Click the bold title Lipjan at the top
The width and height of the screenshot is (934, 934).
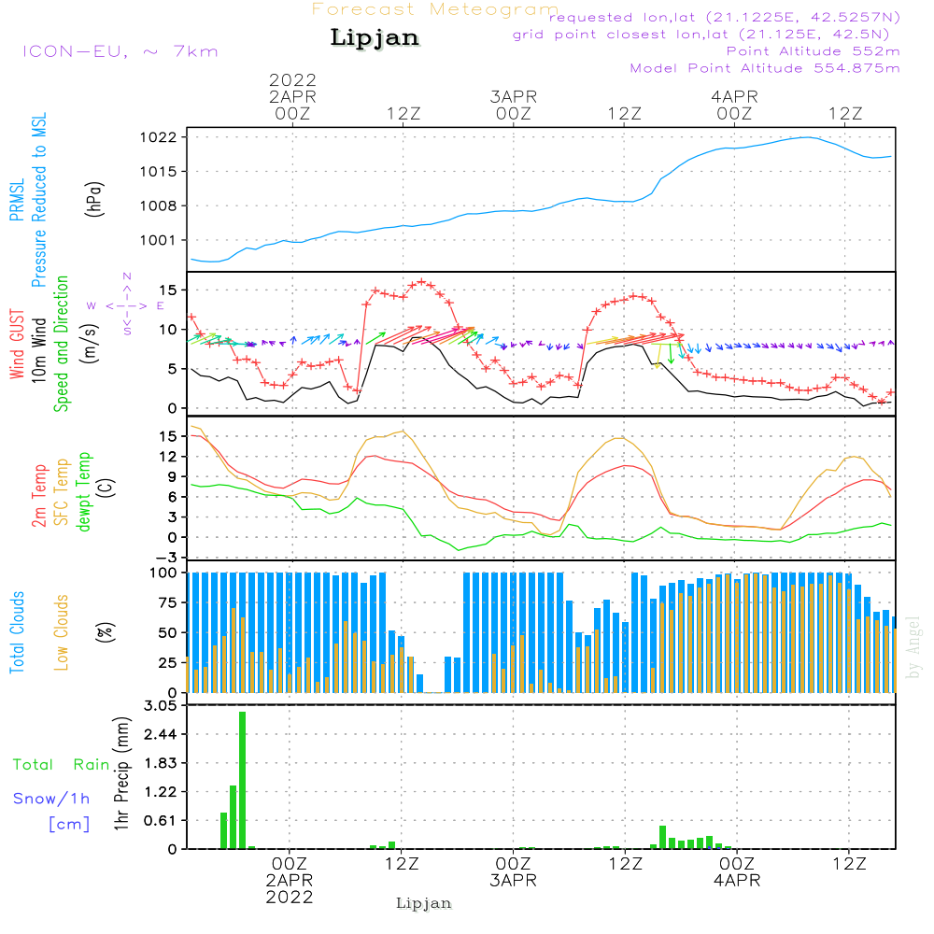[x=375, y=38]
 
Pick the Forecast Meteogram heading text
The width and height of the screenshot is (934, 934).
[x=435, y=9]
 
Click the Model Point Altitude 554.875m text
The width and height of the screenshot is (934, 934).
[x=765, y=68]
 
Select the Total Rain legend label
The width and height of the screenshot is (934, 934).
[x=62, y=765]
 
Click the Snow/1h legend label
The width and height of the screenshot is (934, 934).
[x=52, y=799]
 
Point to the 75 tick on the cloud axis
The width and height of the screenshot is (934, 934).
[x=166, y=602]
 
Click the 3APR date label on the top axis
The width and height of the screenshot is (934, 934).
[x=513, y=96]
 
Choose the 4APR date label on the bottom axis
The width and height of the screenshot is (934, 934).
[x=737, y=881]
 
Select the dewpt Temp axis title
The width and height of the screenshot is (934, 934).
[x=84, y=492]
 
